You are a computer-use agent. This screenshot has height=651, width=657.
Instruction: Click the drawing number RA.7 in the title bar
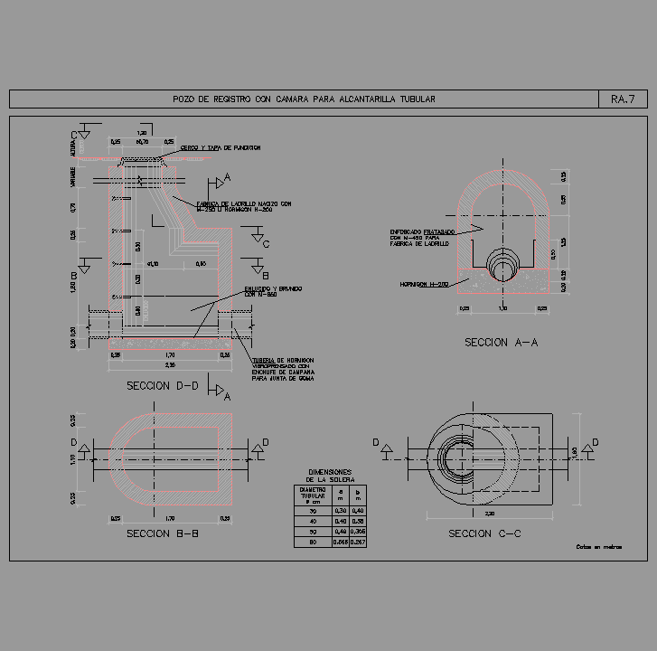point(624,99)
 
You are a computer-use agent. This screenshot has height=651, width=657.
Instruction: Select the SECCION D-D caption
point(162,385)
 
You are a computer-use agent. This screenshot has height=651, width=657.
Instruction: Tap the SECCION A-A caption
point(502,343)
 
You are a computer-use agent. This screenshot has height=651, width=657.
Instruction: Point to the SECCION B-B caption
point(162,533)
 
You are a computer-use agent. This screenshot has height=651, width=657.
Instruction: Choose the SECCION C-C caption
point(485,534)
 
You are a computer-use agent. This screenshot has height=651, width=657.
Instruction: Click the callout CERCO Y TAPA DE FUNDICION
point(221,147)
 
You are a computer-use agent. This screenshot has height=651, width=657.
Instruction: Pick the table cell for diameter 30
point(312,512)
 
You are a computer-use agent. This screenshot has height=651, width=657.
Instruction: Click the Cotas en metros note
point(599,547)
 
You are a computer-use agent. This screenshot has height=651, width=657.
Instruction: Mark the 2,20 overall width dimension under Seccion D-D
point(170,364)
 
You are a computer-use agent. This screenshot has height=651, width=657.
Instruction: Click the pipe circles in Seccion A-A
point(502,266)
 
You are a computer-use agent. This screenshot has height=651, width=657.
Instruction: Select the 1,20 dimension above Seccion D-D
point(142,133)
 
